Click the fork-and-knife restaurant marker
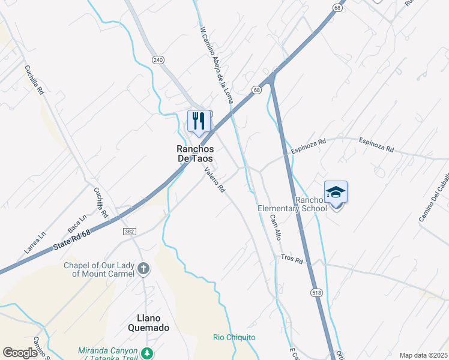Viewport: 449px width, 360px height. (x=199, y=121)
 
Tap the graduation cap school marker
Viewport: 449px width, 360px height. (x=336, y=192)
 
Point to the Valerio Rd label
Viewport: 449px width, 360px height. (x=214, y=180)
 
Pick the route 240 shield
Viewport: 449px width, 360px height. (x=158, y=60)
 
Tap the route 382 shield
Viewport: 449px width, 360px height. (x=128, y=230)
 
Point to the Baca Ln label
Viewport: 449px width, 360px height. (x=77, y=224)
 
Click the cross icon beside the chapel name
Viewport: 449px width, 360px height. (x=143, y=269)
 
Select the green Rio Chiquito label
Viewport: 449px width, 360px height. (x=234, y=337)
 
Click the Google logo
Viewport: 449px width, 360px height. (x=20, y=353)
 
